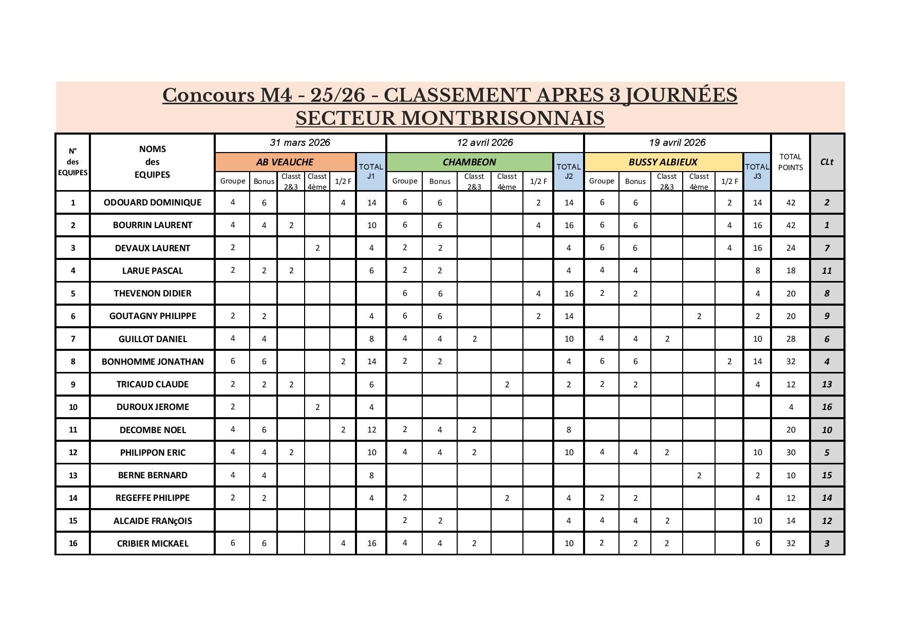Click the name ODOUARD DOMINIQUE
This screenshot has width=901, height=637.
[152, 202]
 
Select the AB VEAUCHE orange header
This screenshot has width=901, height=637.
[285, 162]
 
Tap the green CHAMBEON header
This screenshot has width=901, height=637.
[469, 162]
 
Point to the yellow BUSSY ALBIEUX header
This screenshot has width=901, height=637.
[663, 162]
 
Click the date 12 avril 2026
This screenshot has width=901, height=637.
[484, 143]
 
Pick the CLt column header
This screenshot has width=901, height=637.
[827, 162]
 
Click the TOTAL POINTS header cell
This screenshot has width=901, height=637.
[790, 162]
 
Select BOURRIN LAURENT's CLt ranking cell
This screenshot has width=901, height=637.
[827, 225]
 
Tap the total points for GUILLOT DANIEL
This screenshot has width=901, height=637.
[790, 339]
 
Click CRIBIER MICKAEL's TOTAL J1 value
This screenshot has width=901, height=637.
[371, 544]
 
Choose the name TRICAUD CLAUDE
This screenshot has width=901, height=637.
[152, 384]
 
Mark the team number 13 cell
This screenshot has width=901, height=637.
[72, 475]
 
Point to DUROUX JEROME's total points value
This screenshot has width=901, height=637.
[790, 407]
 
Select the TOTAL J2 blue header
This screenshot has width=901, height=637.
[568, 171]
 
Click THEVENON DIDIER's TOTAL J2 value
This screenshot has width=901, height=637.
[568, 294]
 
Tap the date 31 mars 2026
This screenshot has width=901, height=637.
[300, 143]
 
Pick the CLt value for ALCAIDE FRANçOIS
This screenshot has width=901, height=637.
[827, 521]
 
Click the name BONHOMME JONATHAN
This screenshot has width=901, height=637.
[152, 362]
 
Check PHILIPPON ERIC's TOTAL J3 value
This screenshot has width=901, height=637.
[757, 453]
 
